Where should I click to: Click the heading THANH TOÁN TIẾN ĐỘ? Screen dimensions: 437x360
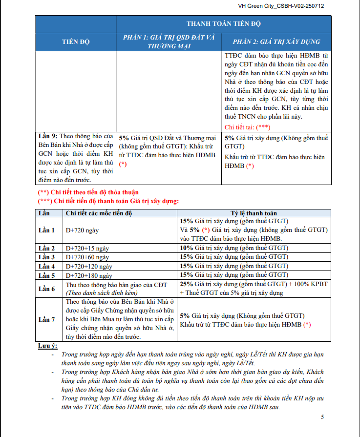pyautogui.click(x=224, y=23)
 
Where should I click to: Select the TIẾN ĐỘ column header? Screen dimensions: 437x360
pyautogui.click(x=76, y=42)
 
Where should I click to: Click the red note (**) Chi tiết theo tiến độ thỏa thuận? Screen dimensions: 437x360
pyautogui.click(x=88, y=192)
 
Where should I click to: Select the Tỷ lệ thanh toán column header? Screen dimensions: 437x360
pyautogui.click(x=254, y=213)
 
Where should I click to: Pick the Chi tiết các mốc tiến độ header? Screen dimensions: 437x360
pyautogui.click(x=99, y=213)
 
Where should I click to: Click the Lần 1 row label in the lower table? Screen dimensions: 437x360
pyautogui.click(x=47, y=230)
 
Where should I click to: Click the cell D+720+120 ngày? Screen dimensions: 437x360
pyautogui.click(x=88, y=266)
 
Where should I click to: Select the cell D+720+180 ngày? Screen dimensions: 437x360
pyautogui.click(x=88, y=275)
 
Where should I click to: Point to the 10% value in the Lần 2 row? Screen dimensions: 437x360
pyautogui.click(x=187, y=248)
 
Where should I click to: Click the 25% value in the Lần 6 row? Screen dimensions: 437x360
pyautogui.click(x=187, y=284)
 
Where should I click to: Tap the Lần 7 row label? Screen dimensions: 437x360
pyautogui.click(x=47, y=320)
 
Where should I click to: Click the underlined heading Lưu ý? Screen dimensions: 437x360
pyautogui.click(x=47, y=346)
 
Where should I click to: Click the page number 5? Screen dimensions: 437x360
pyautogui.click(x=322, y=417)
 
